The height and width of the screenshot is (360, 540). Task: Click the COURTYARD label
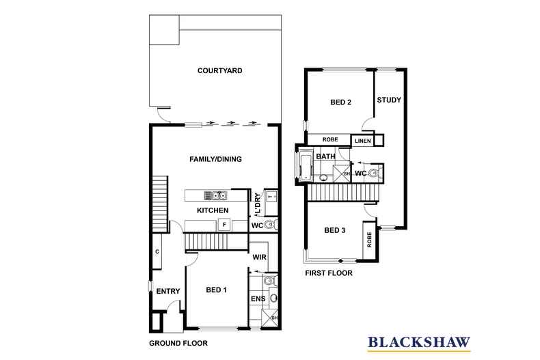219,70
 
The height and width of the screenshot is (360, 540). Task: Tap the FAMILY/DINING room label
215,159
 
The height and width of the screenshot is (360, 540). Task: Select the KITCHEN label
213,210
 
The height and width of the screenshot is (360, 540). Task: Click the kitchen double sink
215,195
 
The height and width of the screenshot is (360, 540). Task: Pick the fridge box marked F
224,225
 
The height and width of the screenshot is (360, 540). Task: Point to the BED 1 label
216,290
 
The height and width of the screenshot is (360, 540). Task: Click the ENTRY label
168,291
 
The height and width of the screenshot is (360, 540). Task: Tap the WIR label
259,257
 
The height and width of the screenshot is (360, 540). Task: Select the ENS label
258,299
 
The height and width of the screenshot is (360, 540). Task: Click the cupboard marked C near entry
157,251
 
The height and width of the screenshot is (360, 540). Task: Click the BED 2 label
340,102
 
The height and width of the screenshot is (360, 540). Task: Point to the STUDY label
389,100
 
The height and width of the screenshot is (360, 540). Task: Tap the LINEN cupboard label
363,141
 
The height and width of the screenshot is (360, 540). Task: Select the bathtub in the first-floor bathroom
306,167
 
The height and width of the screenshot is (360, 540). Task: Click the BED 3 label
335,230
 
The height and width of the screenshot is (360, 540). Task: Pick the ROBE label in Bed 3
370,240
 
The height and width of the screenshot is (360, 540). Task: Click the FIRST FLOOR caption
329,273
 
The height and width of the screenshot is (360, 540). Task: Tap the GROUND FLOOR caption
178,343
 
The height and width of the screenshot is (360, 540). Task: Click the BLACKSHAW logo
419,343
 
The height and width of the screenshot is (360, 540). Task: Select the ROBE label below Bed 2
330,139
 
